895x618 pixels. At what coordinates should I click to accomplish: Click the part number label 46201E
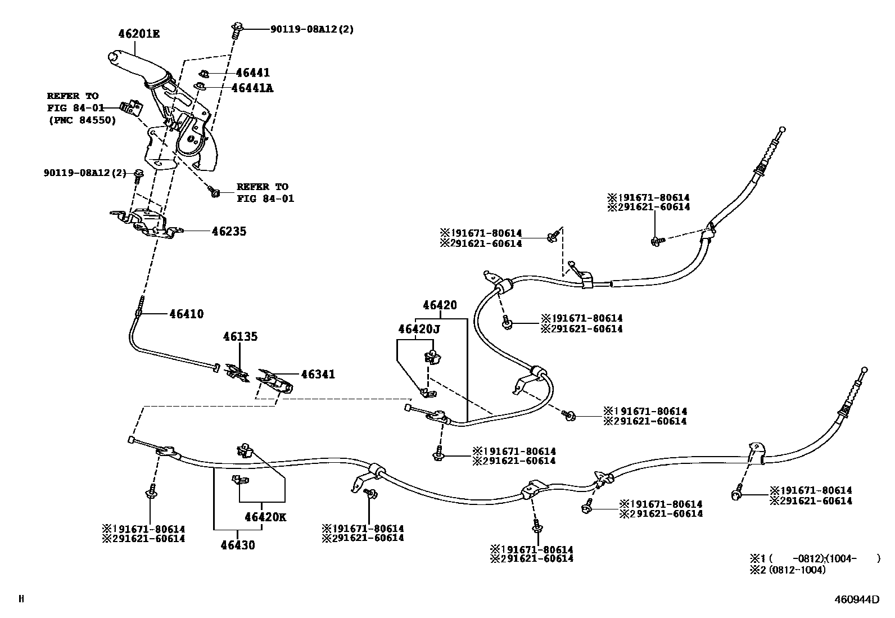[x=139, y=34]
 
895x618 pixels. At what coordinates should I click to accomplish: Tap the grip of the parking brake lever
[x=135, y=63]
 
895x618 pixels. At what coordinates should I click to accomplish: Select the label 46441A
[x=252, y=88]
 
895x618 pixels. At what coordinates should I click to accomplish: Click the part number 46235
[x=229, y=231]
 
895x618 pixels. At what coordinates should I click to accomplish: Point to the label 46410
[x=186, y=314]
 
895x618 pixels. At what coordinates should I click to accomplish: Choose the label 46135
[x=240, y=336]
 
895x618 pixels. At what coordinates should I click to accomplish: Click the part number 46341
[x=318, y=374]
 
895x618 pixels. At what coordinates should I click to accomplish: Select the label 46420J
[x=419, y=329]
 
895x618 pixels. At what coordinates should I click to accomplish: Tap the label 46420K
[x=265, y=517]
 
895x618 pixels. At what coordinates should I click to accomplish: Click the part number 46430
[x=238, y=545]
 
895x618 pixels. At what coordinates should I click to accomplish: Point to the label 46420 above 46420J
[x=440, y=305]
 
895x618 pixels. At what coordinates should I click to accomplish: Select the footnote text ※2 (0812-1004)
[x=788, y=570]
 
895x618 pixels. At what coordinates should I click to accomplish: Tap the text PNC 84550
[x=82, y=120]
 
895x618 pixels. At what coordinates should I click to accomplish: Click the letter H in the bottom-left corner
[x=21, y=599]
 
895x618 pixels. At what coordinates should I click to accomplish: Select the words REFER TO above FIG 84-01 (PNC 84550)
[x=73, y=96]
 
